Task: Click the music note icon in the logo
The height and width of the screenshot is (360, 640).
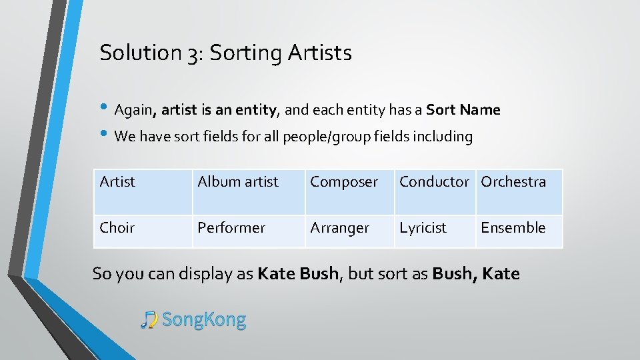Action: (x=149, y=320)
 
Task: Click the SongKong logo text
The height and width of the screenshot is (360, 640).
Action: (x=204, y=320)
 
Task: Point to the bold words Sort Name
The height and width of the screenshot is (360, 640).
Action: (x=463, y=110)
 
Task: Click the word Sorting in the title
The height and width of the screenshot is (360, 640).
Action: (x=246, y=53)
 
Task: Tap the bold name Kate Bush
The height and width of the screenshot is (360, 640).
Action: (x=298, y=274)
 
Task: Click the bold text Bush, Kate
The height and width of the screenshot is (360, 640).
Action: (x=476, y=274)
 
